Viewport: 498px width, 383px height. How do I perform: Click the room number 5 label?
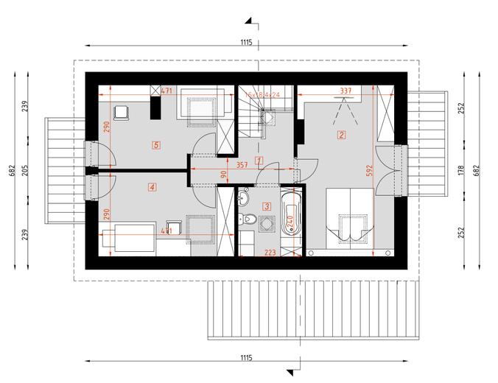[x=155, y=144]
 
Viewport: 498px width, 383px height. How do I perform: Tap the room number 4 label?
[x=152, y=187]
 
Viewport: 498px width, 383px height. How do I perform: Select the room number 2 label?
[x=341, y=135]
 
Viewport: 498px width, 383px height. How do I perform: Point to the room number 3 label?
[x=267, y=208]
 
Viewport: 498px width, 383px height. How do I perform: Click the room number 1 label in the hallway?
[x=259, y=160]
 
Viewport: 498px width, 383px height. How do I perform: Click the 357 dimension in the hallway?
[x=242, y=166]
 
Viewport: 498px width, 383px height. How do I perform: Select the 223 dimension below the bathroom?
[x=270, y=253]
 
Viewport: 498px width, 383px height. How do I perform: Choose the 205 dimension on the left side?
[x=26, y=169]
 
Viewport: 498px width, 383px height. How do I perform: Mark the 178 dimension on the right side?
[x=460, y=169]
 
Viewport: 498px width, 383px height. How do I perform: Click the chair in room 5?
[x=122, y=113]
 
